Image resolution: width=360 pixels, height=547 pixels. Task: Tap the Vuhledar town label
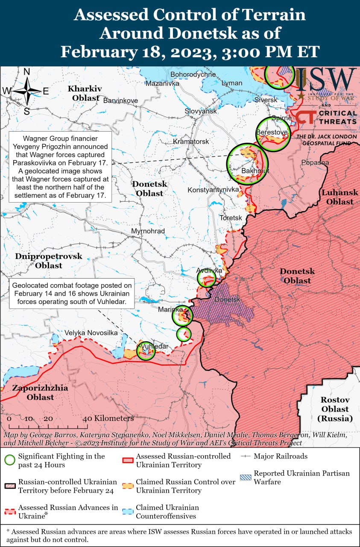tap(154, 346)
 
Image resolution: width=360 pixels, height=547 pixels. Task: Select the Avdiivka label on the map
tap(209, 271)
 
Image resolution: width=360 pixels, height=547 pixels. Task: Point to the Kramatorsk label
tap(191, 141)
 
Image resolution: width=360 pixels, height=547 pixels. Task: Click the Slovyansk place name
tap(201, 111)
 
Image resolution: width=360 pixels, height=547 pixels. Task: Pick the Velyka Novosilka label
tap(91, 332)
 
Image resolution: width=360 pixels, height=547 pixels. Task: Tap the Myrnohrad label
tap(148, 231)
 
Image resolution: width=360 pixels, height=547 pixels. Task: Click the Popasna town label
tap(315, 162)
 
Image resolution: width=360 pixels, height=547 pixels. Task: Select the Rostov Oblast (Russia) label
tap(335, 409)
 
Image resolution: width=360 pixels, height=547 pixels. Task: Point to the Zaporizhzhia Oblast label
tap(40, 393)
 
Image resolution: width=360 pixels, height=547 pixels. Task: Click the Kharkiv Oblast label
tap(85, 93)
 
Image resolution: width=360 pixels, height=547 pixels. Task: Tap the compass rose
tap(27, 91)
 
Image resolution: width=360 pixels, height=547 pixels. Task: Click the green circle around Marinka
tap(182, 316)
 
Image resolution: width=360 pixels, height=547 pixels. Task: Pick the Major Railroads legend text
tap(280, 456)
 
